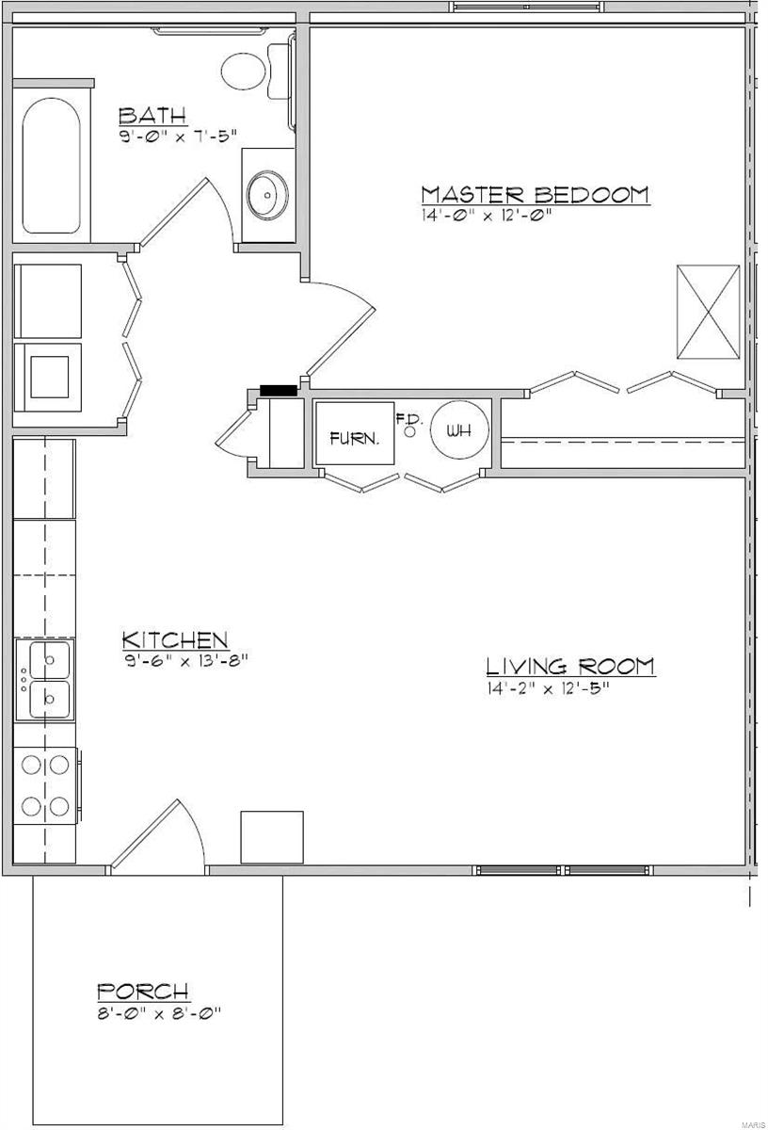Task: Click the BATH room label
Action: pyautogui.click(x=152, y=116)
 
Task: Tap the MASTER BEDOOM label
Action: pyautogui.click(x=535, y=195)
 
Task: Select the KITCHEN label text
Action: pyautogui.click(x=175, y=640)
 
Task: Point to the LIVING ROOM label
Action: pyautogui.click(x=570, y=667)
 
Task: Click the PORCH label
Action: pyautogui.click(x=143, y=992)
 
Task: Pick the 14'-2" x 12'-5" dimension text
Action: pyautogui.click(x=548, y=687)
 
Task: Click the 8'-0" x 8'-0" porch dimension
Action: pyautogui.click(x=158, y=1013)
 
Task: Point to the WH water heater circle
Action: pyautogui.click(x=459, y=431)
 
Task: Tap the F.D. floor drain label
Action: pyautogui.click(x=407, y=419)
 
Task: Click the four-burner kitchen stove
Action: pyautogui.click(x=45, y=785)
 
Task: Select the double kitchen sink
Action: pyautogui.click(x=46, y=679)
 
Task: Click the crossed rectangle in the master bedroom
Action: pyautogui.click(x=708, y=312)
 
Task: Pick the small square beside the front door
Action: pyautogui.click(x=272, y=836)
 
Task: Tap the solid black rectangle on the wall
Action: pyautogui.click(x=279, y=389)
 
